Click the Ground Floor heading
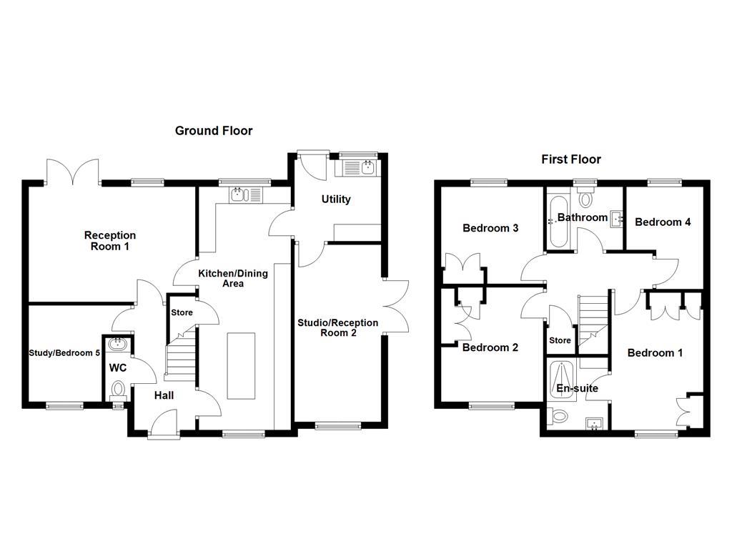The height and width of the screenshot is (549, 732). [214, 131]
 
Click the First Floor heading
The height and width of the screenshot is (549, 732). [570, 159]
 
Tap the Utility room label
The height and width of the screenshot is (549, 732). [335, 199]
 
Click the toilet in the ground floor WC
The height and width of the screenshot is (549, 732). [118, 390]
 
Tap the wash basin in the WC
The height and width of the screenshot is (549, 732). [117, 345]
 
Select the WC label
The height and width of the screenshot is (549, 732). [117, 368]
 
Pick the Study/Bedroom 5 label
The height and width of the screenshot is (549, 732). [64, 353]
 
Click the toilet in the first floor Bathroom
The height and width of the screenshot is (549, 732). [585, 198]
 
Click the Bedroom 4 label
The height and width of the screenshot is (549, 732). [663, 222]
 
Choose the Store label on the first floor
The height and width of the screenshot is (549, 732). [560, 340]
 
